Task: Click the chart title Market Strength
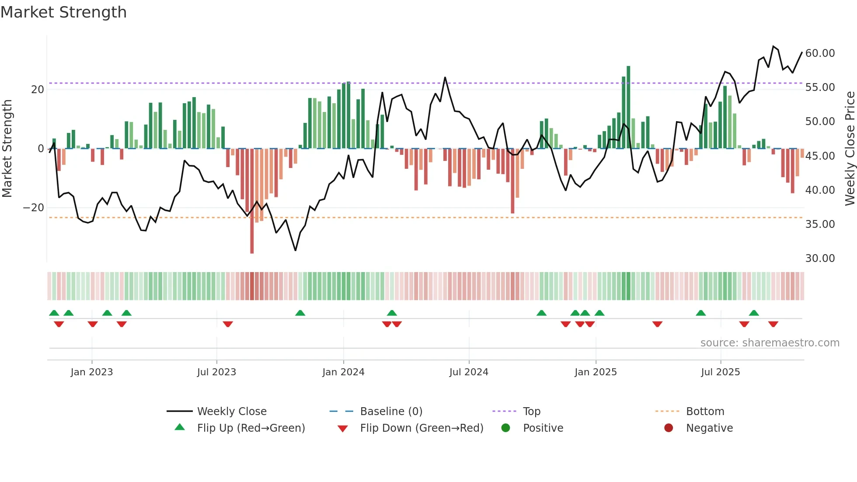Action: (63, 12)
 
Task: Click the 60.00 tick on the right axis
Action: (820, 53)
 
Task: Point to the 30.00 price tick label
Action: (820, 258)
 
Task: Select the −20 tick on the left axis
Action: (33, 208)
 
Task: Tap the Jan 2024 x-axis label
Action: (343, 372)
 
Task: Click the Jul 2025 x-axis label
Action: (720, 372)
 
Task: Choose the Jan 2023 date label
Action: (91, 372)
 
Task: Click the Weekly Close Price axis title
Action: (850, 149)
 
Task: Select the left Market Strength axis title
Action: (7, 149)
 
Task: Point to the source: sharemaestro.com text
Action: (770, 343)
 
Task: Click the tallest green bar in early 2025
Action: (628, 107)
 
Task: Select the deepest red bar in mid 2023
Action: (252, 201)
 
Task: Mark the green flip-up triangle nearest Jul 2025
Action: (700, 313)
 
